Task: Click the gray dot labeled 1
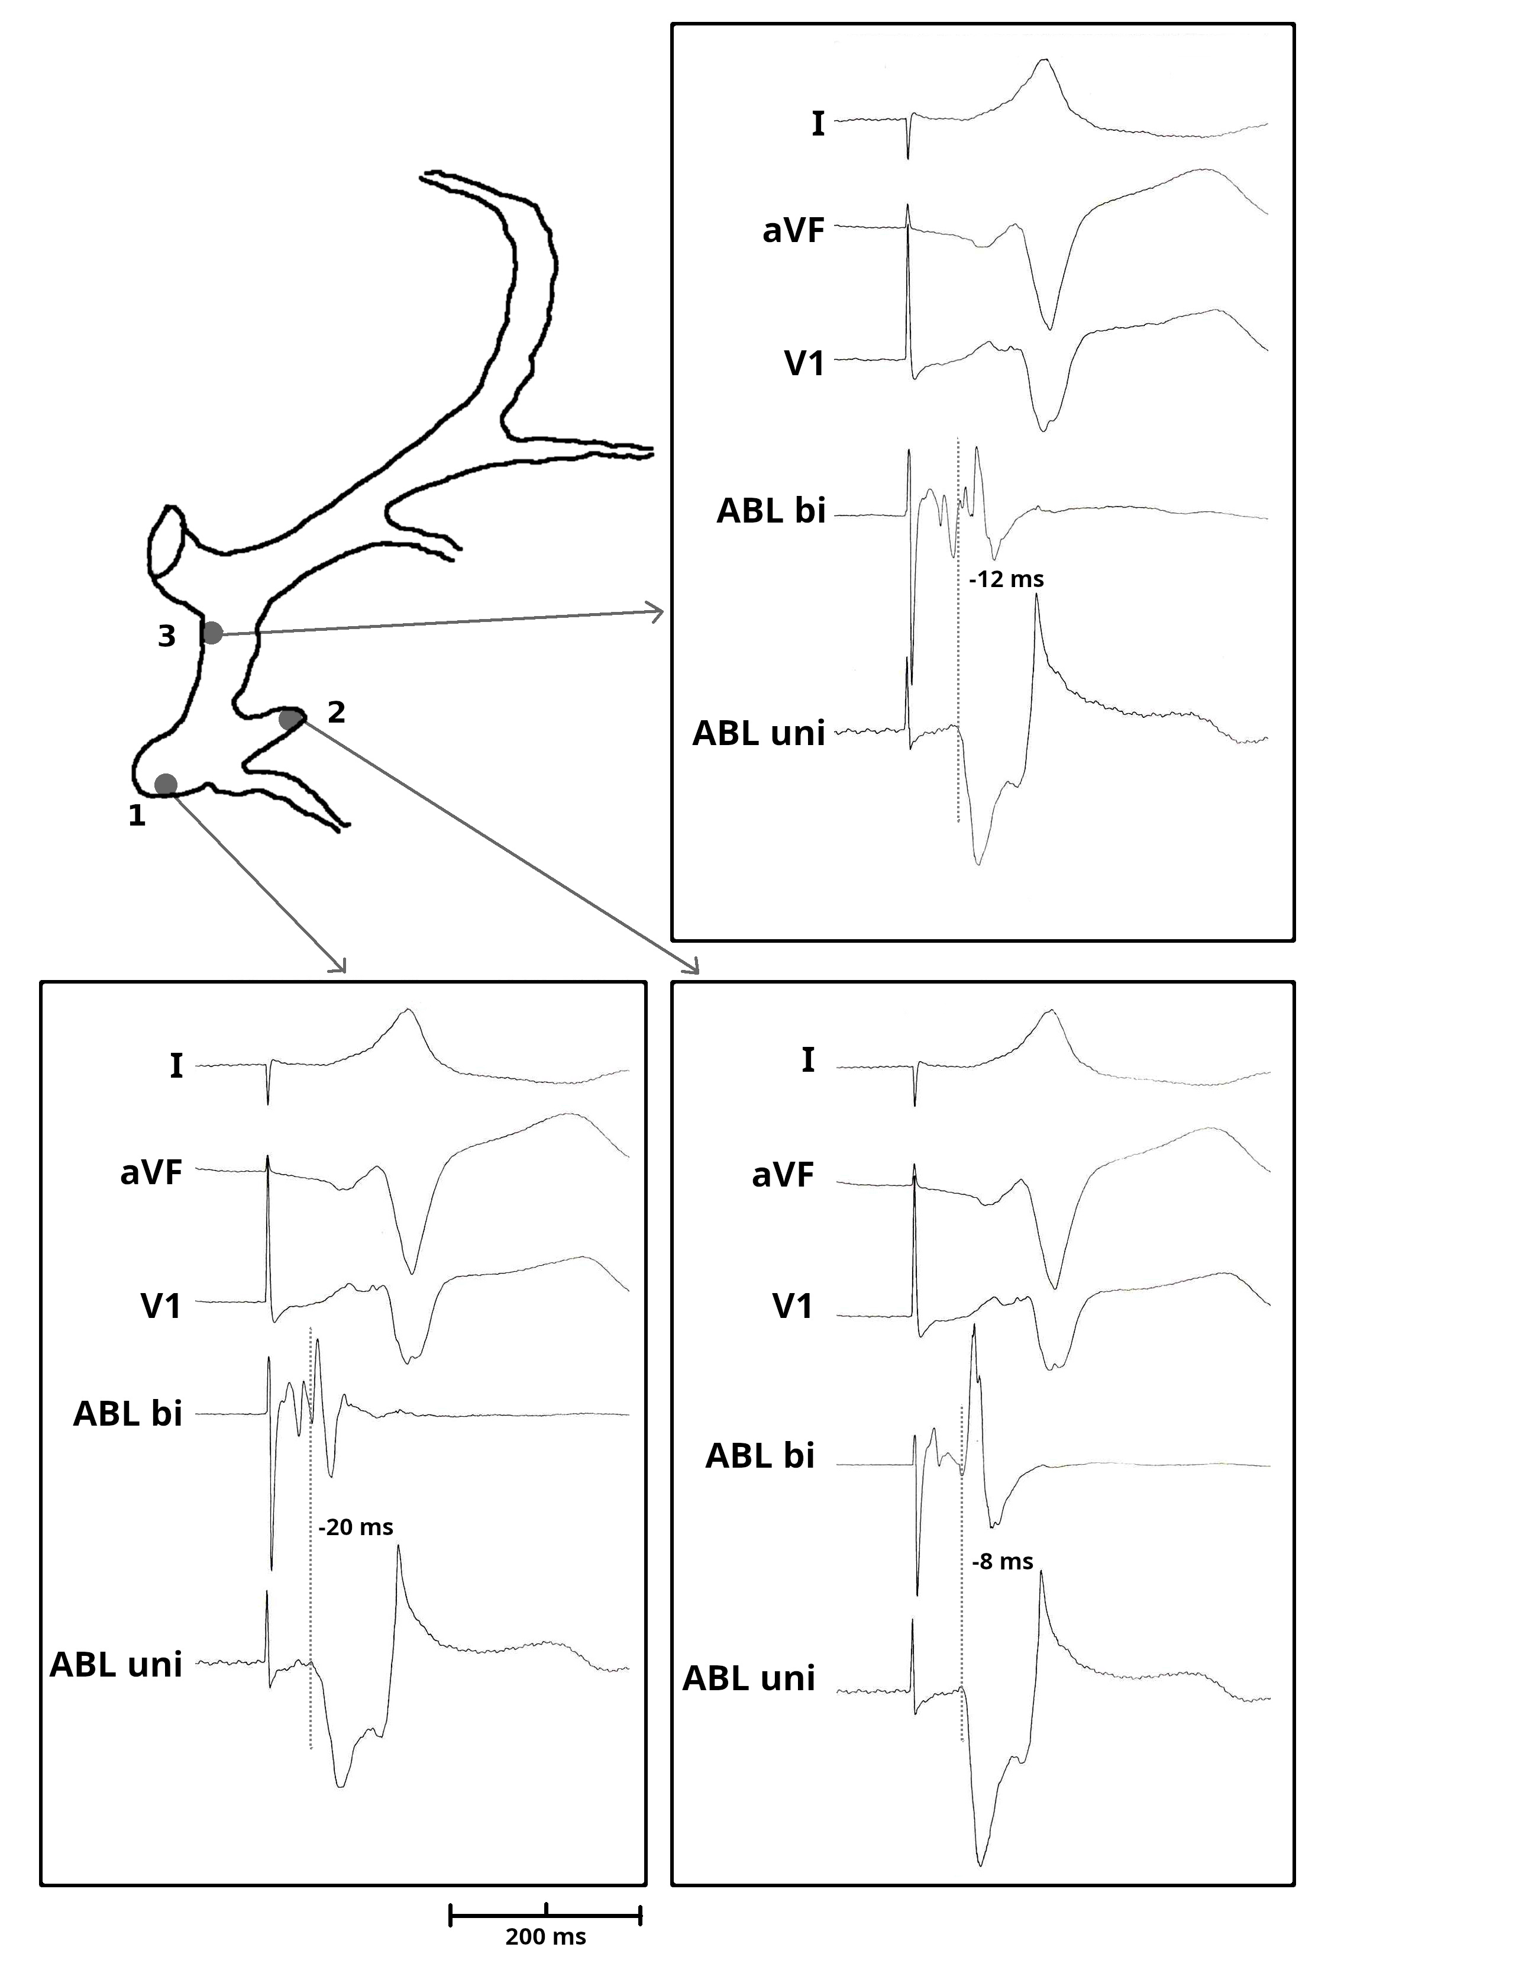coord(166,785)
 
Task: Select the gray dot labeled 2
coord(290,719)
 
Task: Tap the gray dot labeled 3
coord(212,633)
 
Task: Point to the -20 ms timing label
coord(356,1527)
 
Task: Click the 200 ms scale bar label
coord(545,1936)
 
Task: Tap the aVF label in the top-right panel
coord(793,231)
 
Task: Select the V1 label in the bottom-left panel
coord(161,1306)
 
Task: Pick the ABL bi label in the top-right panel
coord(771,511)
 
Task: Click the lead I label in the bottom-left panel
coord(176,1066)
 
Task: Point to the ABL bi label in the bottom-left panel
coord(128,1413)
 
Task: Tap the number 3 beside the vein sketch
coord(167,636)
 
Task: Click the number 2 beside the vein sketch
coord(336,713)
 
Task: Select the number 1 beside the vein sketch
coord(137,816)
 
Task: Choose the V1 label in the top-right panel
coord(804,363)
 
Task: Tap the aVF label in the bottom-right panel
coord(783,1175)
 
